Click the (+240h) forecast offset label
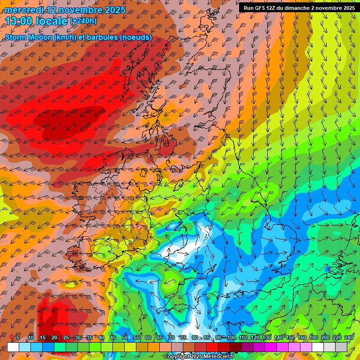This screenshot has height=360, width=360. [x=83, y=21]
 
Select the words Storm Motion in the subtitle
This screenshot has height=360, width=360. [x=28, y=37]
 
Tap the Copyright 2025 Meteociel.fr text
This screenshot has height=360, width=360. [x=199, y=357]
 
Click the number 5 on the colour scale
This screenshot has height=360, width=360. [x=17, y=338]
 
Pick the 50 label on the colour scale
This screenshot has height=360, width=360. [x=125, y=338]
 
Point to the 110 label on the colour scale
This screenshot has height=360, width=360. [x=243, y=338]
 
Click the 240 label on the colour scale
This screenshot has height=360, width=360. [x=348, y=338]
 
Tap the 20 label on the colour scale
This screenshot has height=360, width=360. [x=54, y=338]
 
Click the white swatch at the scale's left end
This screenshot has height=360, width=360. [x=13, y=347]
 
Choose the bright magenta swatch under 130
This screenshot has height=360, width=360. [x=271, y=347]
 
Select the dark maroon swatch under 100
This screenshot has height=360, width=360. [x=236, y=347]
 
